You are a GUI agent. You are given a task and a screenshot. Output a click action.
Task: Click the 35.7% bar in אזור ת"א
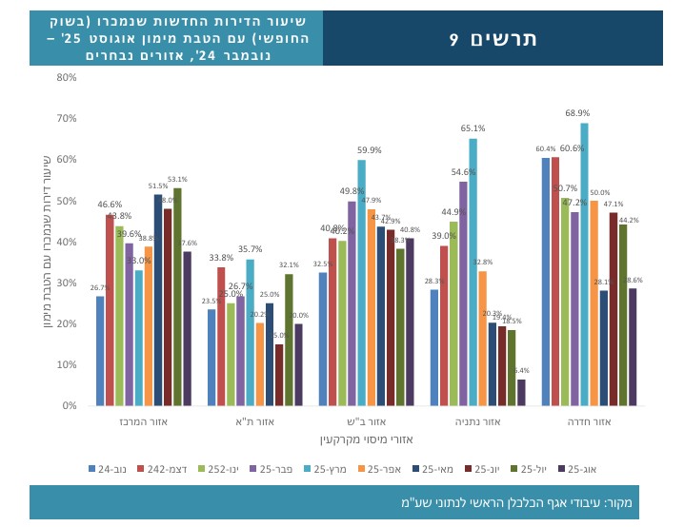click(250, 332)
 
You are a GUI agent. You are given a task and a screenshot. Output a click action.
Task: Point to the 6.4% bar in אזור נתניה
click(521, 393)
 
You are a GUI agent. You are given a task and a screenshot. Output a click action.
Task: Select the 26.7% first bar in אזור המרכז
click(100, 351)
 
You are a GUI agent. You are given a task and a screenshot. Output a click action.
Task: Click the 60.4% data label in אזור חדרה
click(545, 149)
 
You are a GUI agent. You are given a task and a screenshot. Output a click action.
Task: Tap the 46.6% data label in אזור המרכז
click(110, 205)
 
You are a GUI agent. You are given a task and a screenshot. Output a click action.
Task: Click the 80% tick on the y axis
click(66, 77)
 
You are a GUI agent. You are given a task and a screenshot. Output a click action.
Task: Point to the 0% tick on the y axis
click(69, 406)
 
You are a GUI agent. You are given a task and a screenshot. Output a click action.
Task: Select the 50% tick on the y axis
click(66, 201)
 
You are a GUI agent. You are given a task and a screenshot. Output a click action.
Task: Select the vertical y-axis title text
click(47, 243)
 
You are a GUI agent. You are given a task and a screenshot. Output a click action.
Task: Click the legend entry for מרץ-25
click(330, 469)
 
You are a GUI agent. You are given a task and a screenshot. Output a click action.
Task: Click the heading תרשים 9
click(493, 39)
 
